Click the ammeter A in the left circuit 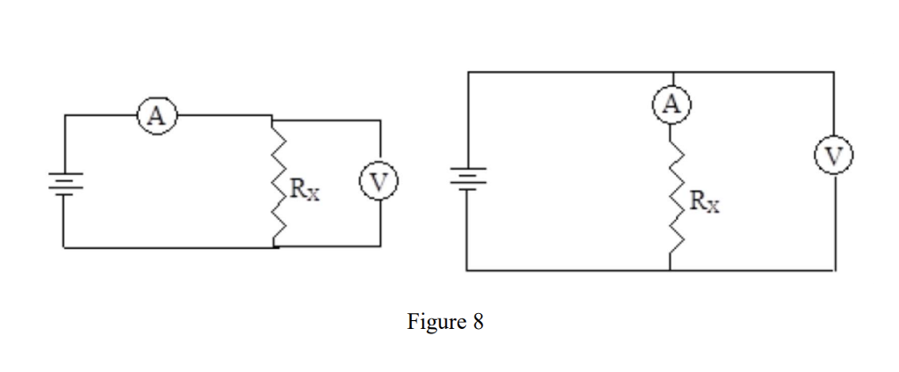(155, 115)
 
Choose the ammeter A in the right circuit (672, 106)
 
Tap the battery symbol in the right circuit (467, 177)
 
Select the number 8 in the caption (478, 322)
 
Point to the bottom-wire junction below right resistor (672, 269)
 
